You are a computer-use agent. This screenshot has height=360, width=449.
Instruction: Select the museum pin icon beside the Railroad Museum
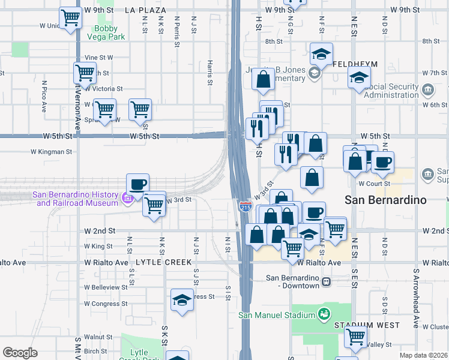(x=127, y=198)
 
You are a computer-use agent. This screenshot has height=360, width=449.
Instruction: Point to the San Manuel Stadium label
(x=277, y=315)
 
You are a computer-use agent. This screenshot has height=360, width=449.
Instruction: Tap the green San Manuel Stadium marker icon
(x=324, y=314)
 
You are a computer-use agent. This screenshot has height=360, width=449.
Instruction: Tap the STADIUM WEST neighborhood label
(x=359, y=325)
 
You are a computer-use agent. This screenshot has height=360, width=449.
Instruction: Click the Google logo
(x=20, y=353)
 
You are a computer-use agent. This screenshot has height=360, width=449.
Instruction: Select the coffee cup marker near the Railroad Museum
(x=137, y=184)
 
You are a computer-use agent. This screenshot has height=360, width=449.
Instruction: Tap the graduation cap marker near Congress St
(x=181, y=299)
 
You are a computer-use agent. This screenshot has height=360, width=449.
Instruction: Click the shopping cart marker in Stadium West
(x=355, y=337)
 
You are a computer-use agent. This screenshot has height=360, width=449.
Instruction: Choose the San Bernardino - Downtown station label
(x=293, y=281)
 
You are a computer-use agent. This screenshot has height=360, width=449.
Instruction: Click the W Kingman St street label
(x=51, y=152)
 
